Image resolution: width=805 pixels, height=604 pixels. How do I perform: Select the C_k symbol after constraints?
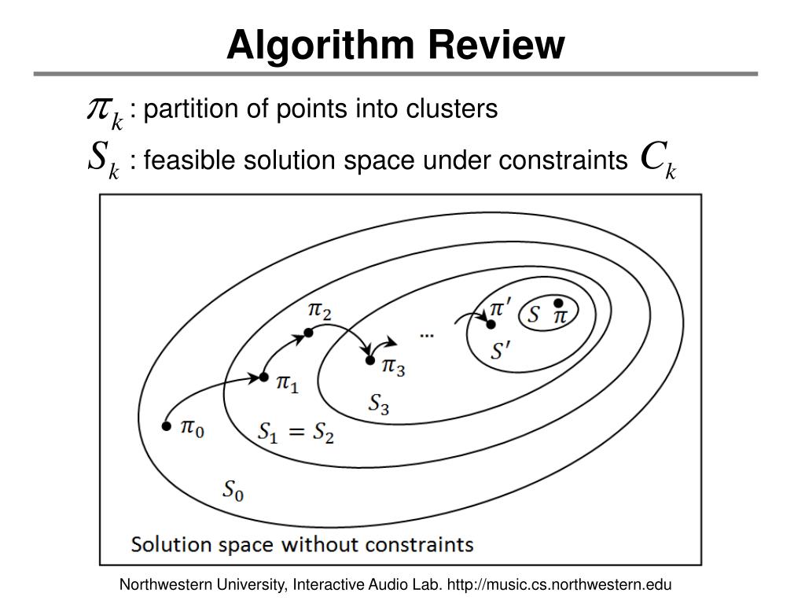(659, 159)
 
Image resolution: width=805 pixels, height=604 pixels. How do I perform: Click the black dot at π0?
(166, 426)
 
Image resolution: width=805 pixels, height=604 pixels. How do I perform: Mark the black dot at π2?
(309, 333)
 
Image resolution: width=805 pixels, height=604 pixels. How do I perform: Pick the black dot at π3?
(369, 360)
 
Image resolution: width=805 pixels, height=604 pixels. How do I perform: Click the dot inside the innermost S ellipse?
(558, 303)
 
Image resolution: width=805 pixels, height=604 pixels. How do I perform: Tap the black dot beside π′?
(491, 324)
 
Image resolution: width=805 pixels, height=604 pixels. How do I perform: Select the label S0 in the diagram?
(233, 491)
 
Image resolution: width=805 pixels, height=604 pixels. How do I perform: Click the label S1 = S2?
(296, 433)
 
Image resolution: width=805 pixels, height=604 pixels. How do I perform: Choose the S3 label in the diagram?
(379, 404)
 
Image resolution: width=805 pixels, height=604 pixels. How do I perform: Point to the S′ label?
(501, 352)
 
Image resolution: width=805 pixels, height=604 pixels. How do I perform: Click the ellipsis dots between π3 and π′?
(427, 336)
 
